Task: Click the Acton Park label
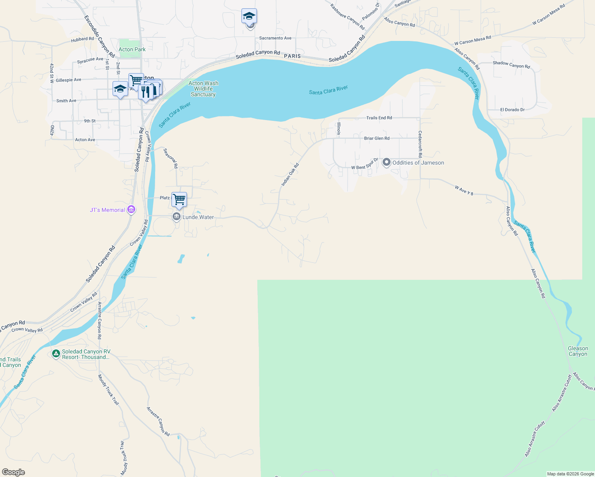tap(132, 49)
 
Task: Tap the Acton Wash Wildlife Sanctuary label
tap(203, 89)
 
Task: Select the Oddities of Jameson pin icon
tap(386, 163)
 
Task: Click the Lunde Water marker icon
tap(177, 217)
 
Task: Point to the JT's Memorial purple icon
tap(131, 209)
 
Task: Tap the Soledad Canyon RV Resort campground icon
tap(56, 353)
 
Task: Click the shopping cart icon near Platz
tap(179, 199)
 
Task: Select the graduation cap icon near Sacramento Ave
tap(249, 16)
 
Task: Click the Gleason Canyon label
tap(578, 351)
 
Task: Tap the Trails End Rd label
tap(379, 118)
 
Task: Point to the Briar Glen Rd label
tap(377, 138)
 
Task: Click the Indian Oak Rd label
tap(290, 175)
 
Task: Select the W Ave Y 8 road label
tap(464, 190)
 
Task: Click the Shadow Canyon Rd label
tap(511, 64)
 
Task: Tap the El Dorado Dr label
tap(512, 110)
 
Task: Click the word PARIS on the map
tap(292, 56)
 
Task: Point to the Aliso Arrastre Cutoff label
tap(562, 393)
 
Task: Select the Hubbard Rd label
tap(82, 39)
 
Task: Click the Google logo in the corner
tap(14, 472)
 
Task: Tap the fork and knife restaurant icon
tap(146, 92)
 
